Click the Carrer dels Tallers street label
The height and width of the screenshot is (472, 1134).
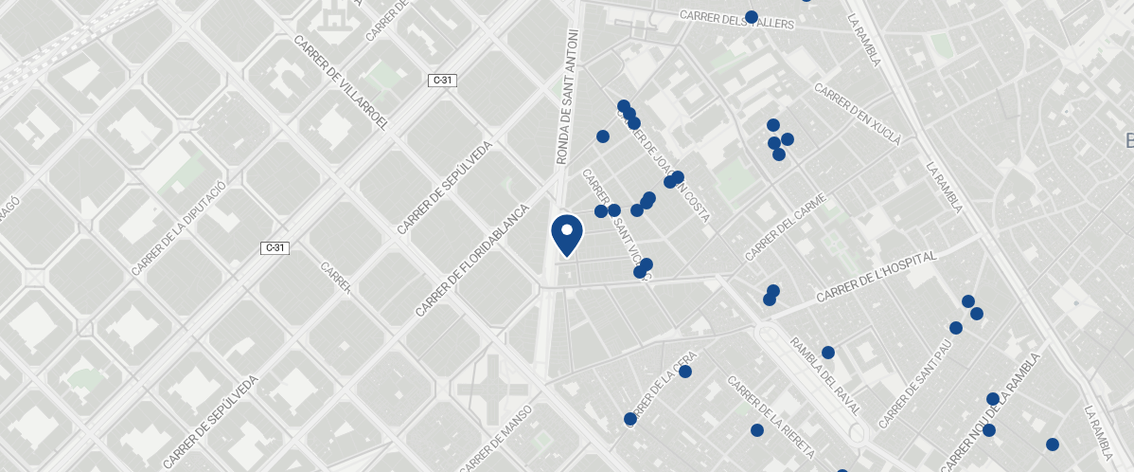click(x=736, y=19)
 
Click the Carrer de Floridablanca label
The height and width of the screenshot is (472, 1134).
click(x=470, y=259)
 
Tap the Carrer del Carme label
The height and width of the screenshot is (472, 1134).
click(x=786, y=227)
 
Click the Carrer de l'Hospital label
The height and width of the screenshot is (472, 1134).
click(x=877, y=277)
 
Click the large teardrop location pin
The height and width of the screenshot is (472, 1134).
click(x=567, y=233)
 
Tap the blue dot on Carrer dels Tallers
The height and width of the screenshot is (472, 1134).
click(x=752, y=17)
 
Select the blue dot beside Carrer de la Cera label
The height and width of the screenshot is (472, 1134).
click(x=685, y=372)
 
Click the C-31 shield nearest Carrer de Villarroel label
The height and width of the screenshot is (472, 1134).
click(x=443, y=81)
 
